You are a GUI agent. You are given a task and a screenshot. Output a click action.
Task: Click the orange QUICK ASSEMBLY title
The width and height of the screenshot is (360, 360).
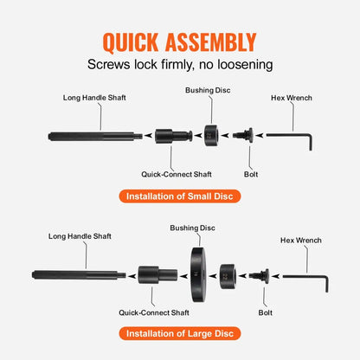tap(179, 42)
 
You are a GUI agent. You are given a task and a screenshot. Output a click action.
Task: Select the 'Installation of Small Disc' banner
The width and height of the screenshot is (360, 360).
tap(179, 196)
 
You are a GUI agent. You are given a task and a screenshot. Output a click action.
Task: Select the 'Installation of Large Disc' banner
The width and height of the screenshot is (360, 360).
tap(179, 333)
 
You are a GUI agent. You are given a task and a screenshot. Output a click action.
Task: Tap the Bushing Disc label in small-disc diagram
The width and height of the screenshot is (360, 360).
tap(208, 90)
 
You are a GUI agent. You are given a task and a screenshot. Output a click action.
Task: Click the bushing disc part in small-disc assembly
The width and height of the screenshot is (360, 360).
tap(209, 135)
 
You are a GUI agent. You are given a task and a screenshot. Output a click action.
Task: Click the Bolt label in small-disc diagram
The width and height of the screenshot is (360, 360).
tap(251, 174)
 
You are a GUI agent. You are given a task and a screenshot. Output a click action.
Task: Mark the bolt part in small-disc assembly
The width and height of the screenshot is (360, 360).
tap(244, 135)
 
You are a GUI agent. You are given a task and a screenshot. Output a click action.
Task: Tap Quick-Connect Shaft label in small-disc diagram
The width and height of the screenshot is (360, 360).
tap(176, 174)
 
